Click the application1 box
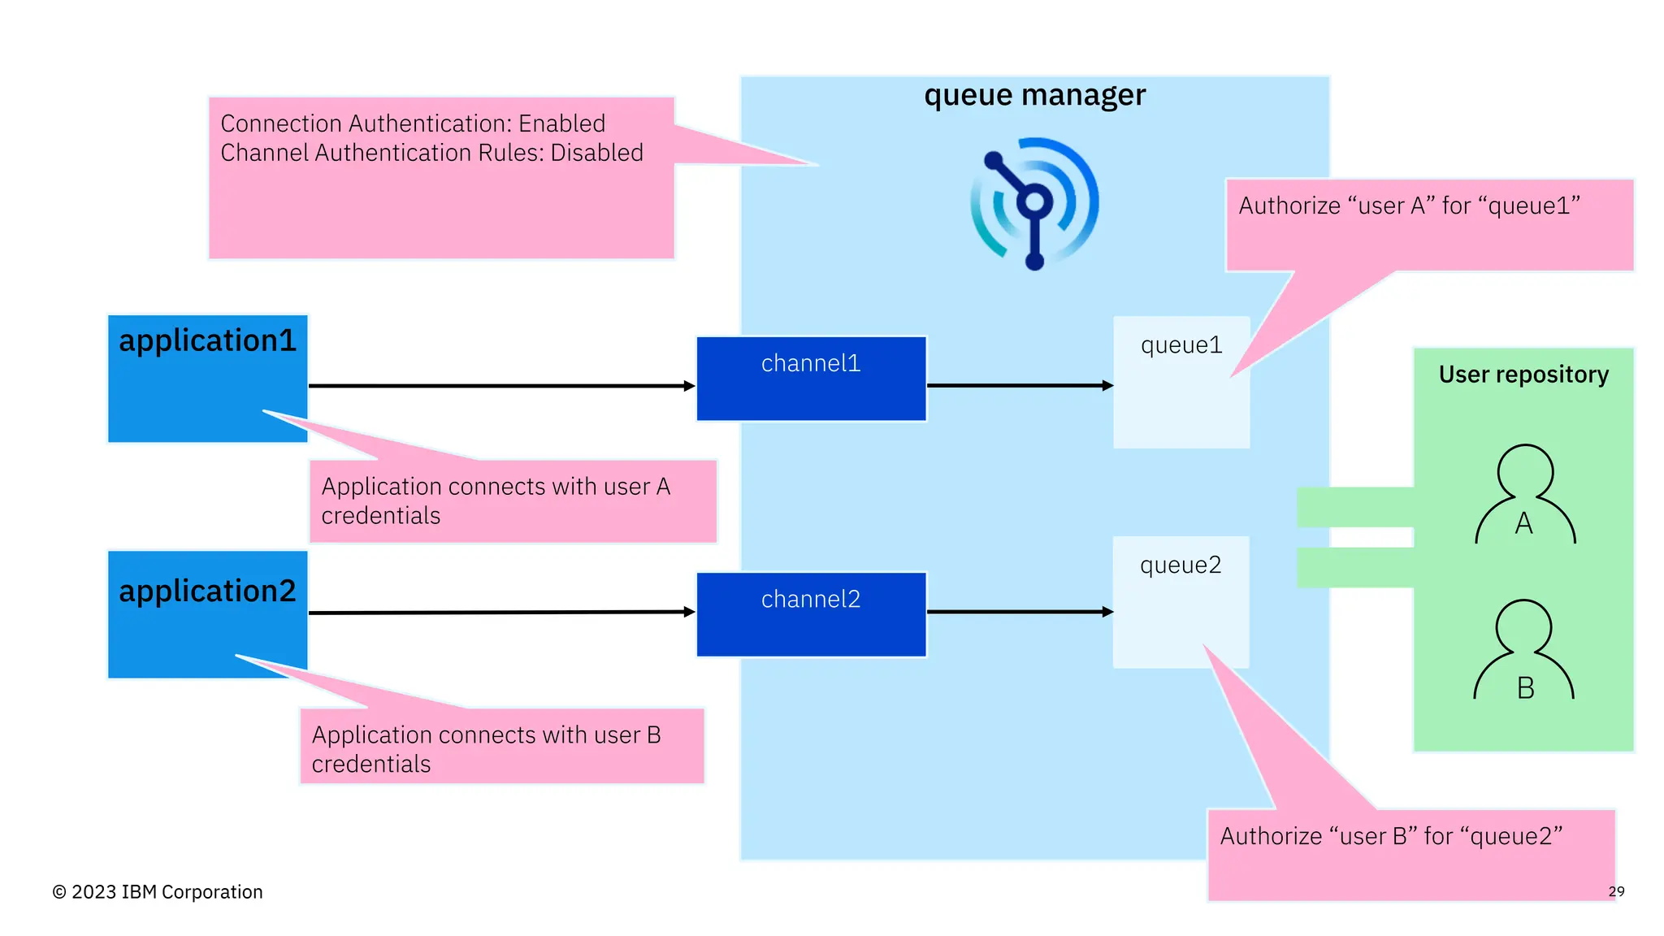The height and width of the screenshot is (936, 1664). [x=207, y=378]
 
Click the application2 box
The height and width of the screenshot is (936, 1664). [x=207, y=613]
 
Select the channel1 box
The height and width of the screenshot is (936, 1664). [x=811, y=379]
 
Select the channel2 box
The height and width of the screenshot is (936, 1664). [x=811, y=614]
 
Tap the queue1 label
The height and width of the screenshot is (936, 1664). [x=1181, y=345]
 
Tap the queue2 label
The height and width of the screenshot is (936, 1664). [x=1180, y=565]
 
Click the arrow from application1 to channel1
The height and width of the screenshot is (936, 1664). [x=500, y=386]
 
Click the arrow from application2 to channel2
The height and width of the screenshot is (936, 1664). [x=500, y=612]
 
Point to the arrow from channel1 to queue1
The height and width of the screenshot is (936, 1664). [x=1019, y=385]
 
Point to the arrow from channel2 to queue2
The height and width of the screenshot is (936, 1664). [x=1019, y=612]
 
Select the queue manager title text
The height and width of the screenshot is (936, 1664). [x=1034, y=96]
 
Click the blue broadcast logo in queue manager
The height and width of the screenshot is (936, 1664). [x=1034, y=203]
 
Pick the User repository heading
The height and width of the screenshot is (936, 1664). [x=1523, y=375]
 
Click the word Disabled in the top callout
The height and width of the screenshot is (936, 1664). [x=596, y=153]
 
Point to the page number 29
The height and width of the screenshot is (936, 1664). [x=1616, y=891]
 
